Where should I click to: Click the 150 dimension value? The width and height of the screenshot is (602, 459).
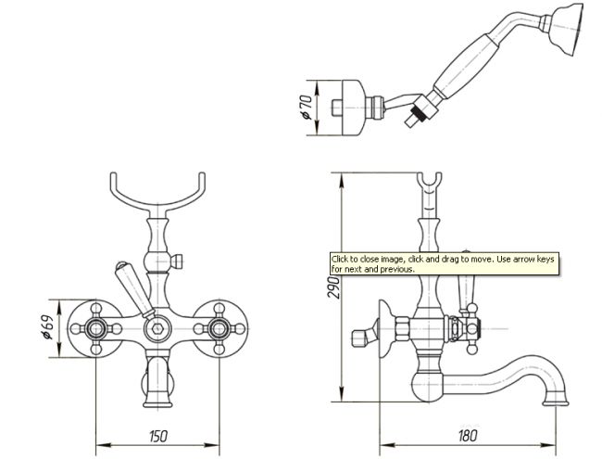tap(158, 437)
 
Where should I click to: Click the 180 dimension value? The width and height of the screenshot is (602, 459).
tap(468, 436)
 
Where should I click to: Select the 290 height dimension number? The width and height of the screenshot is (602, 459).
tap(333, 287)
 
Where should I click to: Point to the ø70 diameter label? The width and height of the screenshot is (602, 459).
tap(307, 108)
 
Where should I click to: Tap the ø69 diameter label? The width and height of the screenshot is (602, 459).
tap(47, 327)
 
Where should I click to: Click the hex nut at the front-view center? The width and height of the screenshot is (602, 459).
tap(157, 329)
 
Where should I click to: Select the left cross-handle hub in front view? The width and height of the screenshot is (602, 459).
tap(95, 328)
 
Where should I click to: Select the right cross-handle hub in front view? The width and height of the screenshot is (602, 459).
tap(219, 328)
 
